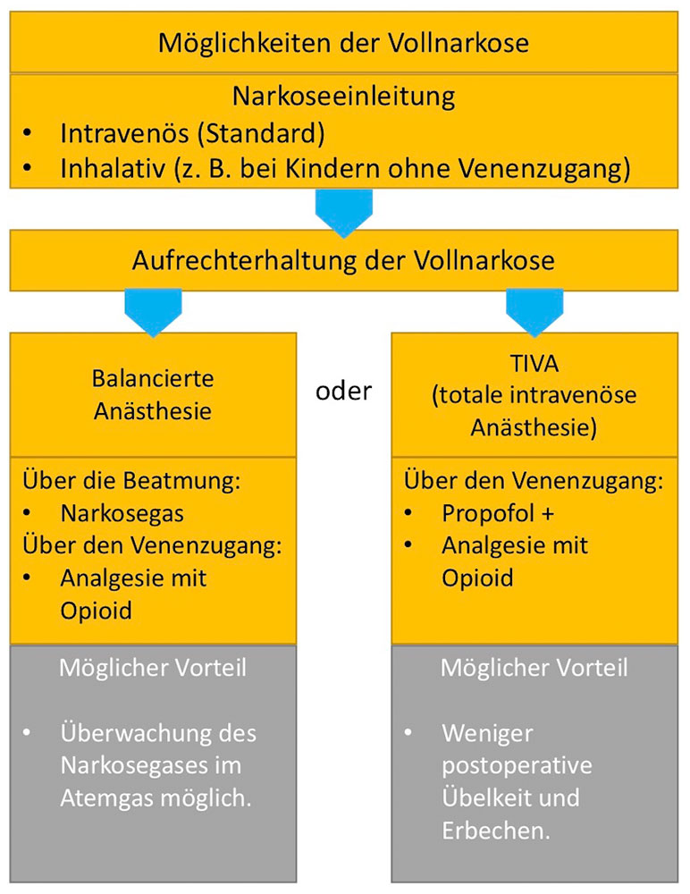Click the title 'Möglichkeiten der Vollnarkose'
(x=343, y=43)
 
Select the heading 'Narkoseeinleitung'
(x=343, y=96)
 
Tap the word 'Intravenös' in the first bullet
(x=125, y=133)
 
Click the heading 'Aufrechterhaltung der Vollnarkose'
(x=343, y=260)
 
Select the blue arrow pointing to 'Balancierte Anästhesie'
(x=153, y=312)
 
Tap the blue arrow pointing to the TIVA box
(x=534, y=312)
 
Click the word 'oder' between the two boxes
(x=343, y=392)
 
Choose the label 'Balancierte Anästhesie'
(x=153, y=394)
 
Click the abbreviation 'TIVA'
(x=534, y=363)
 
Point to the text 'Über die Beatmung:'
(x=131, y=481)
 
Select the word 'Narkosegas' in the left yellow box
(x=122, y=514)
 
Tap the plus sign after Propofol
(x=547, y=514)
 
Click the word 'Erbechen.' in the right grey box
(x=496, y=831)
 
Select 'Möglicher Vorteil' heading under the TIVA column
(x=534, y=668)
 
